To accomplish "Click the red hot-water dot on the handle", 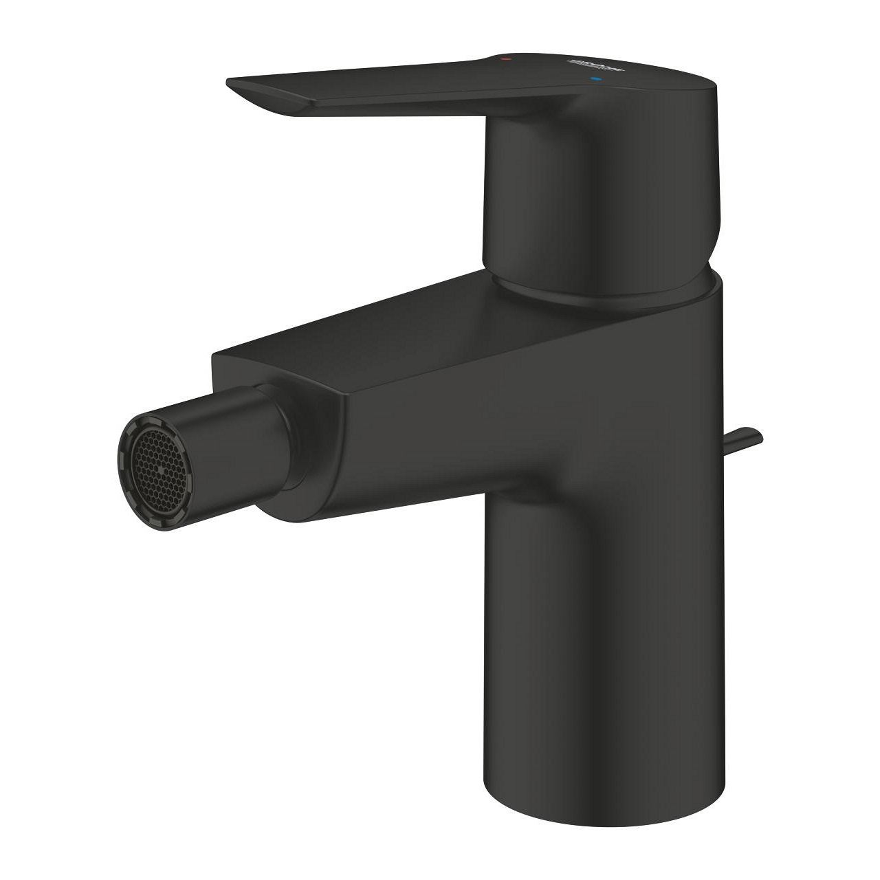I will (x=507, y=60).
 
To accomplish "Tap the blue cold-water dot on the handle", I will (x=595, y=80).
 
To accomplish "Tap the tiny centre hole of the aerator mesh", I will (x=161, y=468).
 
